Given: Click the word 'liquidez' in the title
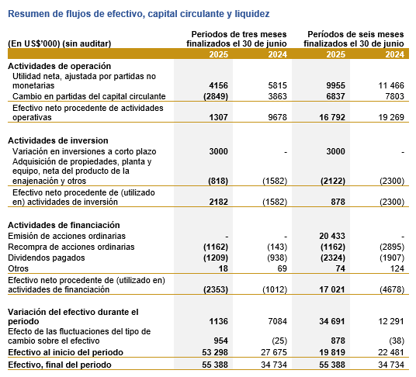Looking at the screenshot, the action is pos(252,14).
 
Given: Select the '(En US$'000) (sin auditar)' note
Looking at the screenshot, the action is pos(60,43).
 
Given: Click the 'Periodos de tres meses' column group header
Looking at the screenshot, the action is pos(239,34).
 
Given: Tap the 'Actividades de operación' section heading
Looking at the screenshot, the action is pos(60,66).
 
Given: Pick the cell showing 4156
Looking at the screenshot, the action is pos(218,85).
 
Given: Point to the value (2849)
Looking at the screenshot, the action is pos(216,96).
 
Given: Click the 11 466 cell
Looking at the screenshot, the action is pos(391,85).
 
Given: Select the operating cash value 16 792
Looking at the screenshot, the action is pos(332,117).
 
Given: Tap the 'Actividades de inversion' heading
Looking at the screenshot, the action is pos(58,140).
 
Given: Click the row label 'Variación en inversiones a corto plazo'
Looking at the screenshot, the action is pos(85,151).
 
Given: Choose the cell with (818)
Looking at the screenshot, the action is pos(218,181).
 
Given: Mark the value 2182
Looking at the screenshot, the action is pos(218,202).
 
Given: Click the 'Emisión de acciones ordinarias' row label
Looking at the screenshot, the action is pos(67,236).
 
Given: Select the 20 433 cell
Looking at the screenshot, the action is pos(332,236).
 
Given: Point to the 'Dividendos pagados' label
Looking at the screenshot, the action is pos(47,258).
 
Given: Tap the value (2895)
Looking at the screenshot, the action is pos(392,247).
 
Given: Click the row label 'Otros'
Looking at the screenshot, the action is pos(18,268).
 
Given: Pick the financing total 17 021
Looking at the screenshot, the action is pos(332,289).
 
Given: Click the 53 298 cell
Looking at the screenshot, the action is pos(215,352).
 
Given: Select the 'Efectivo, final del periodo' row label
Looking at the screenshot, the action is pos(60,365).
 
